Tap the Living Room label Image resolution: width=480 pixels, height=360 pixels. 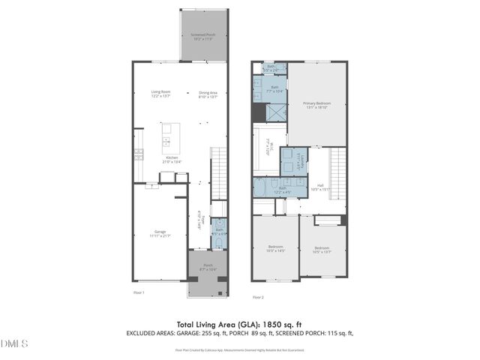[x=160, y=93]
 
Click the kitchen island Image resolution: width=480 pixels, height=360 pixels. [x=166, y=138]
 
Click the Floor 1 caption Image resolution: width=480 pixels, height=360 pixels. [x=139, y=292]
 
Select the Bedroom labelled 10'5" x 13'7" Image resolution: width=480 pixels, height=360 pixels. [x=322, y=250]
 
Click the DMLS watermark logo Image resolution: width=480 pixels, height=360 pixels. [x=14, y=343]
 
